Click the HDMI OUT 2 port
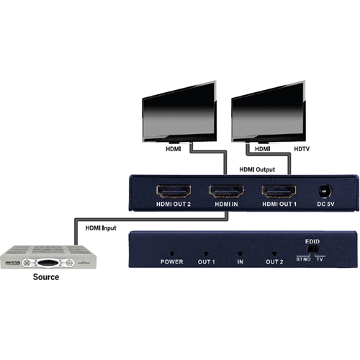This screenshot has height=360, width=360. click(x=174, y=191)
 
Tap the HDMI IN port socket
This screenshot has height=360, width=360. click(x=226, y=191)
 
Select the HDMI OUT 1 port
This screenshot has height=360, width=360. click(x=279, y=191)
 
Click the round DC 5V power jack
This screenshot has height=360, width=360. click(x=325, y=192)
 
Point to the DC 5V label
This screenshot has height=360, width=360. click(x=325, y=204)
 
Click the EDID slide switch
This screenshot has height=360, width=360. click(x=312, y=248)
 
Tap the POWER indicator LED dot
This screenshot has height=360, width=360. click(x=172, y=253)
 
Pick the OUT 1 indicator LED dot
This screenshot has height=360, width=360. click(x=206, y=253)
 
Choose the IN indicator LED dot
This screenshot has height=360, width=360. click(x=240, y=253)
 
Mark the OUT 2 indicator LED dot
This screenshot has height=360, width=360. click(x=274, y=253)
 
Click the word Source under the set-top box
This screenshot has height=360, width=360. click(x=46, y=276)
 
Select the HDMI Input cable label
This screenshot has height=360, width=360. click(x=101, y=228)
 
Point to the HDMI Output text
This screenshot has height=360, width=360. click(x=257, y=169)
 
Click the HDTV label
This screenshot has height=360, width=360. click(x=302, y=149)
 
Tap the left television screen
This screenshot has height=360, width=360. click(x=179, y=111)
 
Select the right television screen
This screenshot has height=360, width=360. click(x=269, y=111)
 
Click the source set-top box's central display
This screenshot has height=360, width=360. click(x=48, y=263)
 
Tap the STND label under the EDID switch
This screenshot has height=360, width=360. click(x=303, y=259)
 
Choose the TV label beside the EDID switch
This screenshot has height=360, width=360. click(x=320, y=259)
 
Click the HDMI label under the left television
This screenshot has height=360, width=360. click(x=174, y=149)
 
